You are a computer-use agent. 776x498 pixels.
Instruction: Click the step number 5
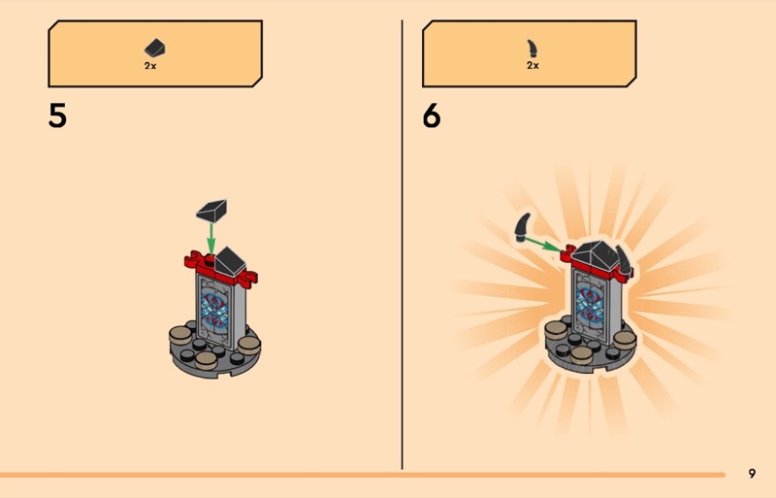(x=57, y=116)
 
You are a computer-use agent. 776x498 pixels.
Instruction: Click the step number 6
(x=432, y=116)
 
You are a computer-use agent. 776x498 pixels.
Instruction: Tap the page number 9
(x=753, y=474)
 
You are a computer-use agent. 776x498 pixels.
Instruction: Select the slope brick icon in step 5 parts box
(x=155, y=49)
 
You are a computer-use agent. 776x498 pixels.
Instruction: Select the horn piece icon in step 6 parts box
(x=532, y=49)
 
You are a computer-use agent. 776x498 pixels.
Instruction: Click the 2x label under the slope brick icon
(x=150, y=65)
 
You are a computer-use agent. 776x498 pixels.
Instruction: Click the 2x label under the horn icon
(x=533, y=65)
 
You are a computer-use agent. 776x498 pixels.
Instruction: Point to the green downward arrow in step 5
(x=211, y=239)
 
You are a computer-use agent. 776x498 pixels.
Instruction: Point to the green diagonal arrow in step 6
(x=543, y=245)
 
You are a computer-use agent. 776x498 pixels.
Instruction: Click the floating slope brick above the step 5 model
(x=211, y=211)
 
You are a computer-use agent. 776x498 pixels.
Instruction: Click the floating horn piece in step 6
(x=522, y=227)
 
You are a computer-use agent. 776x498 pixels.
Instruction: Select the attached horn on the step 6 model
(x=623, y=261)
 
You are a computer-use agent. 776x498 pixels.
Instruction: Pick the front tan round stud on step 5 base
(x=206, y=360)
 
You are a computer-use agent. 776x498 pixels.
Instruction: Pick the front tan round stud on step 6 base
(x=581, y=354)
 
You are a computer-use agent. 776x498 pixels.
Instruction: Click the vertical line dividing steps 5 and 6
(x=402, y=245)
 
